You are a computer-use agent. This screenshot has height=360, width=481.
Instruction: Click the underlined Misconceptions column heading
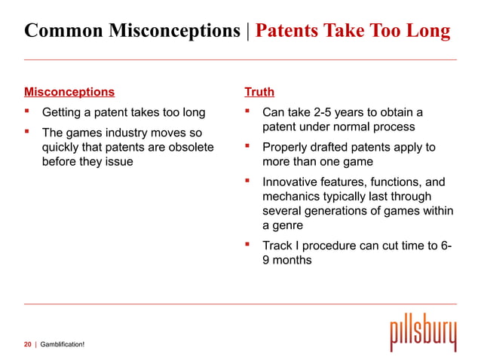tap(69, 93)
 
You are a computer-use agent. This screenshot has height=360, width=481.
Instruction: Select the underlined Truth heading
tap(259, 93)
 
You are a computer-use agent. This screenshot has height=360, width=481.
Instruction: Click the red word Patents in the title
tap(290, 31)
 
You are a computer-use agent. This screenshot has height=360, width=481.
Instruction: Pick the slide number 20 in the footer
tap(27, 344)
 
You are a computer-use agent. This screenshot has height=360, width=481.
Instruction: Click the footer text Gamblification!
tap(62, 344)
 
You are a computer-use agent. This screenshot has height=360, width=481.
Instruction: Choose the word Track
tap(277, 246)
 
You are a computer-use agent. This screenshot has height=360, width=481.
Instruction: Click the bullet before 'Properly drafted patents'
tap(247, 147)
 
